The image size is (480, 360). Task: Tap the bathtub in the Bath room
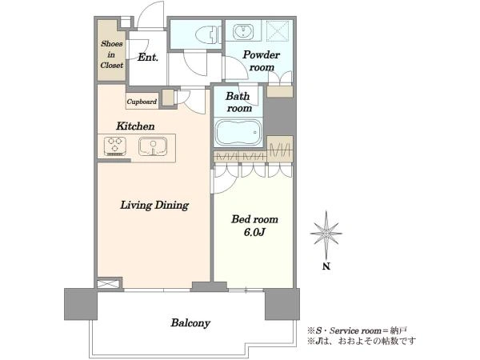coord(238,132)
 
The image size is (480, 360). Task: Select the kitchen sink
coord(153,146)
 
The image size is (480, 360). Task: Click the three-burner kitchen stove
coord(114,146)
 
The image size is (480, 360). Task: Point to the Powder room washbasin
coord(243,31)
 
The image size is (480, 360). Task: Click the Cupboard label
coord(142,102)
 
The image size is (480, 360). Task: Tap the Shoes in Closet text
coord(112,54)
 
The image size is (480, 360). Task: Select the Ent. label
coord(148,58)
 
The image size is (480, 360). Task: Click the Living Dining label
coord(154,205)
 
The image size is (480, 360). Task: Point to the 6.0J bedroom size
coord(254,232)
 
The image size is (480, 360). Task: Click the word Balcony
coord(190,323)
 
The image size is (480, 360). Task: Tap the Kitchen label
coord(135,126)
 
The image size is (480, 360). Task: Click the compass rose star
coord(326,234)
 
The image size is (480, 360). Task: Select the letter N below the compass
coord(326,266)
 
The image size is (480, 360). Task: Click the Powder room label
coord(261,61)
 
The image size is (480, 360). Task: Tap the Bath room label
coord(238,102)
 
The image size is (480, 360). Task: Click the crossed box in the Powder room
coord(278,30)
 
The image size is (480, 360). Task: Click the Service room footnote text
coord(357,330)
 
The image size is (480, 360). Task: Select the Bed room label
coord(254,219)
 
